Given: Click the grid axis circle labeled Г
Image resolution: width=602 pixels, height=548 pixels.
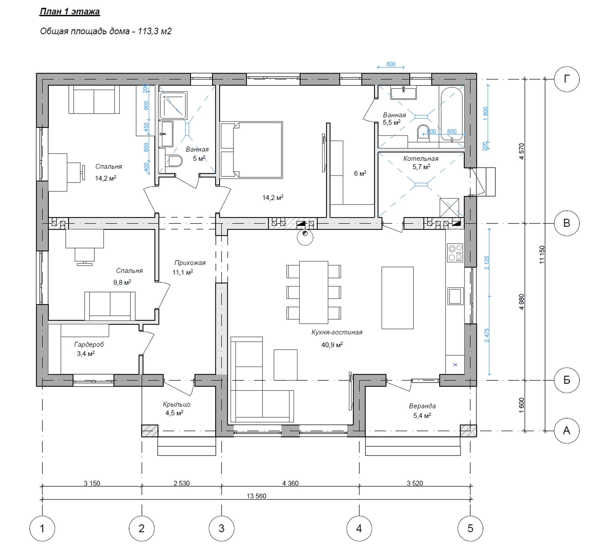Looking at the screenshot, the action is (x=567, y=79).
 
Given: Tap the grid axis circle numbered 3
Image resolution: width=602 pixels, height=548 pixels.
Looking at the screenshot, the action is (x=221, y=529).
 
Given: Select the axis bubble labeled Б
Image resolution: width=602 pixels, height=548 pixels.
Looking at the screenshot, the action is (x=567, y=380).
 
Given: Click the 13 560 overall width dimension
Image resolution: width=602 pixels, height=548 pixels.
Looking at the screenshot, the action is (x=256, y=496).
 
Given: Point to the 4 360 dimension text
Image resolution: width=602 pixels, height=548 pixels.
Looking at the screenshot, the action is (x=290, y=483).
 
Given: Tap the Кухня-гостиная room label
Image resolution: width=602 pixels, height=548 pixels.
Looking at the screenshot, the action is (x=337, y=332).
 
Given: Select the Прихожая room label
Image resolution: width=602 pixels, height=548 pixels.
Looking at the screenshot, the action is (x=190, y=263).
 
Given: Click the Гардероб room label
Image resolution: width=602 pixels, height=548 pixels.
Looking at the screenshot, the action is (x=89, y=344).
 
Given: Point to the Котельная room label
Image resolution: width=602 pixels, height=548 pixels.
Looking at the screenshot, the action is (x=421, y=159).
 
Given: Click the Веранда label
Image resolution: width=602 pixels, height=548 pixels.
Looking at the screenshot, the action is (x=422, y=406).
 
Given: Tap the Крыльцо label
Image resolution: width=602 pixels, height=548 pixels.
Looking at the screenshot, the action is (x=177, y=404).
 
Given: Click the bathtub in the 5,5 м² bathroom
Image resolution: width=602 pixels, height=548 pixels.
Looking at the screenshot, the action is (x=451, y=114).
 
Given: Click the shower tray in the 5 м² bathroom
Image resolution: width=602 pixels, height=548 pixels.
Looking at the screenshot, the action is (x=173, y=106).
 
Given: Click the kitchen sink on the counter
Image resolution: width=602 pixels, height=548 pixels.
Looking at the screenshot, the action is (x=455, y=296).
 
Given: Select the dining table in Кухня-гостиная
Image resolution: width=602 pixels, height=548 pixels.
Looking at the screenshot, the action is (x=314, y=292).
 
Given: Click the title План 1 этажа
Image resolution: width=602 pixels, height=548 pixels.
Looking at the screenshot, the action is (x=70, y=12).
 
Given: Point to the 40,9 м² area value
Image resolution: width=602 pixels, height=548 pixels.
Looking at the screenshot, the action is (x=332, y=345).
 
